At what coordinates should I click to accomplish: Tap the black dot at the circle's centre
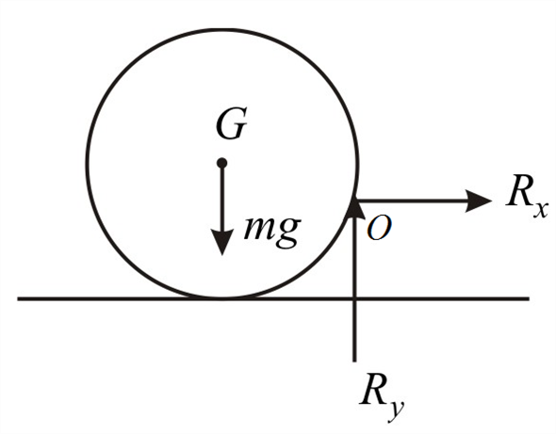tap(221, 164)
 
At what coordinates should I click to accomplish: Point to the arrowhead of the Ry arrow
tap(354, 206)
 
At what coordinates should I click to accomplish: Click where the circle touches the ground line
tap(221, 299)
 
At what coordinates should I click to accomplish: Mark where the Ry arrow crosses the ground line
tap(354, 299)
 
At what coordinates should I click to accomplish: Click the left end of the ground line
tap(19, 299)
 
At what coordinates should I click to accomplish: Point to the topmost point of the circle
tap(221, 28)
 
